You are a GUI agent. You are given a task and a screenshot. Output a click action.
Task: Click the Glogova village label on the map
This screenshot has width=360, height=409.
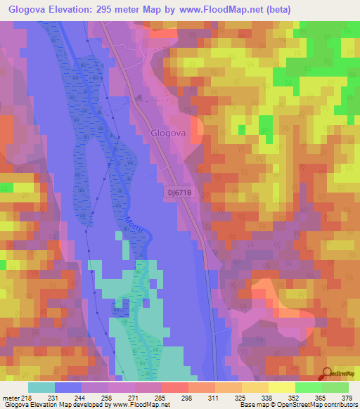tap(168, 131)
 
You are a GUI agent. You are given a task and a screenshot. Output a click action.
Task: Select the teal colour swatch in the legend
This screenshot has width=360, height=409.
tap(41, 387)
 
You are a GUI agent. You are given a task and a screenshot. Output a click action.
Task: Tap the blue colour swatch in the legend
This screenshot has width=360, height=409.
tap(68, 387)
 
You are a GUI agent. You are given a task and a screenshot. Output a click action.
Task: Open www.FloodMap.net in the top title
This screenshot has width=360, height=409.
tap(226, 9)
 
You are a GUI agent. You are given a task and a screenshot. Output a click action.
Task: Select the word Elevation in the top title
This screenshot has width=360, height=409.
tap(75, 9)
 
